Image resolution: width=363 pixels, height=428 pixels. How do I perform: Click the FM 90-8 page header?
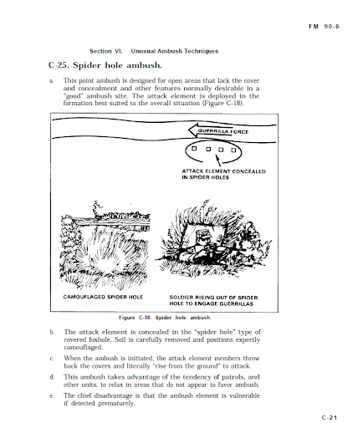(x=324, y=27)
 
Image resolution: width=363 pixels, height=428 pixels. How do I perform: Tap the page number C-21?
(x=330, y=417)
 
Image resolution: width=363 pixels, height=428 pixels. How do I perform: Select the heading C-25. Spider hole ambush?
(x=105, y=65)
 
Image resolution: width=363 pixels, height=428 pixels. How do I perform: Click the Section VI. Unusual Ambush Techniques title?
(x=154, y=51)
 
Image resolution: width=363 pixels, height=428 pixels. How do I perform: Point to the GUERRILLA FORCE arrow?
(x=218, y=130)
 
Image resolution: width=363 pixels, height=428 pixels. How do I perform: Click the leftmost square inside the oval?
(x=194, y=149)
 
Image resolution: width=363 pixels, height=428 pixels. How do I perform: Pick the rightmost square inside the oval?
(x=233, y=150)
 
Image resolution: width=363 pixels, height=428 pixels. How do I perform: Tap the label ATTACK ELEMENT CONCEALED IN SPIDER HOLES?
(x=223, y=174)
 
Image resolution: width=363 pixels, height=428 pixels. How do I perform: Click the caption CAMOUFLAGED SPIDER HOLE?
(x=103, y=297)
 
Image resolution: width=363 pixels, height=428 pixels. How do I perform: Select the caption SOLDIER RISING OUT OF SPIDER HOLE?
(x=213, y=300)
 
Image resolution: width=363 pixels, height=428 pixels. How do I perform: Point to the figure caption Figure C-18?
(x=165, y=318)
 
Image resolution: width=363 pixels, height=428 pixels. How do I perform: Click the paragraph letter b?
(x=52, y=332)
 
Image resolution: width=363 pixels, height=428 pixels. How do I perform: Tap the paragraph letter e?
(x=52, y=396)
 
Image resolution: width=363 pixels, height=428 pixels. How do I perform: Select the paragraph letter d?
(x=52, y=377)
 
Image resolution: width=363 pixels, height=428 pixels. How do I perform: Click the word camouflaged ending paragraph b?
(x=83, y=348)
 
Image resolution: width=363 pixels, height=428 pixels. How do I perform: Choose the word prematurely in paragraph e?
(x=116, y=404)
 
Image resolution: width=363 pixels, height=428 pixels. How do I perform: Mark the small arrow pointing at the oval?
(x=218, y=160)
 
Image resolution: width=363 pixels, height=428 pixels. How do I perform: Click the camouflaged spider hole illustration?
(x=105, y=245)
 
